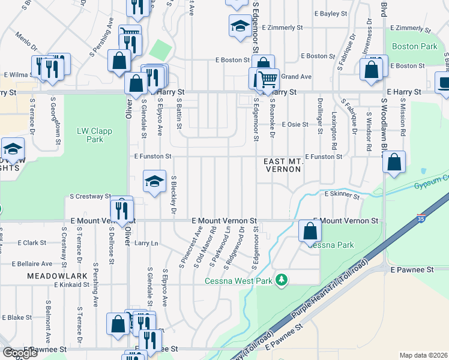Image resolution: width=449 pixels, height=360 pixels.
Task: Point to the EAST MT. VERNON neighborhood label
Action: (x=284, y=166)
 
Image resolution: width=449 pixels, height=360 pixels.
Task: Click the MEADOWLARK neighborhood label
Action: (x=50, y=275)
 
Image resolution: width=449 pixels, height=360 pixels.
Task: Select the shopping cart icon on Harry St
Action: (x=268, y=79)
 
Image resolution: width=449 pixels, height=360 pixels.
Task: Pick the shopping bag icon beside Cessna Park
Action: (x=309, y=231)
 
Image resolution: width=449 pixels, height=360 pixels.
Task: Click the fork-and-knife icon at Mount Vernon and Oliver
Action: (x=122, y=210)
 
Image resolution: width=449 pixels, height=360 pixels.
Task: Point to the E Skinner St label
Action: (x=342, y=195)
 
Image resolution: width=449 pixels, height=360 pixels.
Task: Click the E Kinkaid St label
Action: (x=72, y=284)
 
